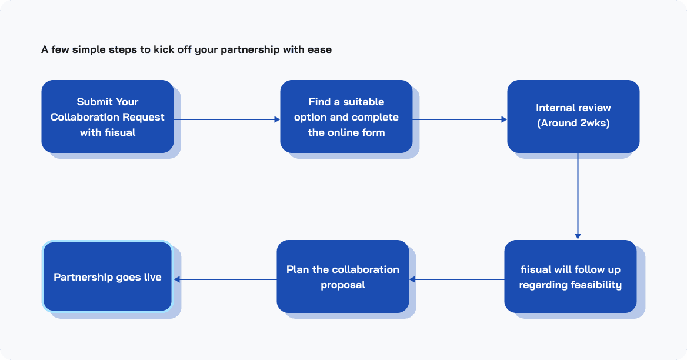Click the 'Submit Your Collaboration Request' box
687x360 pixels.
pos(107,116)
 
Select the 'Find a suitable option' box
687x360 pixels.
pos(346,116)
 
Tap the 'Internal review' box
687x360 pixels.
pos(573,116)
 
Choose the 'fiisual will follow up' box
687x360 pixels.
pos(570,276)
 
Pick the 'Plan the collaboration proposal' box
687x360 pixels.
pos(343,276)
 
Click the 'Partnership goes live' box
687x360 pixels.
pos(107,276)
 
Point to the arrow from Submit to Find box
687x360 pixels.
pos(227,119)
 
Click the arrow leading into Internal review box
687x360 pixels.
pos(459,119)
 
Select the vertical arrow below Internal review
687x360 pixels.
pos(578,196)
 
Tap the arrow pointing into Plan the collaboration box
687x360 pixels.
pos(456,279)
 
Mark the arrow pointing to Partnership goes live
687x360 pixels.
pos(225,279)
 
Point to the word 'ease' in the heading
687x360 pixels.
pos(319,50)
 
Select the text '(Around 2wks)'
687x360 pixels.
pos(573,123)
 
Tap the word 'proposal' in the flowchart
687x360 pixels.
pos(343,285)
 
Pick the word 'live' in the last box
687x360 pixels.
pos(153,277)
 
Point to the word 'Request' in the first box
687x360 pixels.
pos(144,118)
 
